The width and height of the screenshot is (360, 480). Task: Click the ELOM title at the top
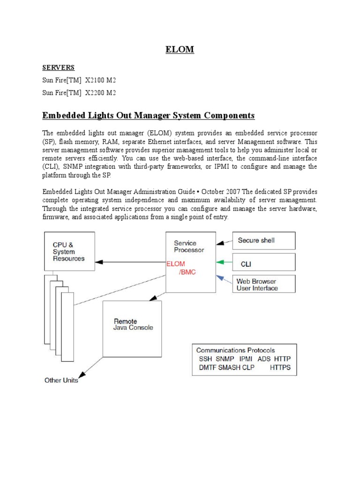click(x=180, y=49)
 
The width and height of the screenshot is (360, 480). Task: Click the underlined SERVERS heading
click(x=58, y=67)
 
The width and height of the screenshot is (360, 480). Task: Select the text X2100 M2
click(x=100, y=80)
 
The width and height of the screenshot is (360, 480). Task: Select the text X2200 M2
click(x=100, y=93)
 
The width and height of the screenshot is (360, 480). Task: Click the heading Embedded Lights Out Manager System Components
click(x=148, y=115)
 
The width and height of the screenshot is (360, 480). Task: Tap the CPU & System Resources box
click(x=69, y=251)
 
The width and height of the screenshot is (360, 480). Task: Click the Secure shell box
click(x=264, y=240)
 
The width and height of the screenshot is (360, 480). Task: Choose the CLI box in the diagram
click(x=264, y=262)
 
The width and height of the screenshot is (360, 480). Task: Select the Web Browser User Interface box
click(x=264, y=284)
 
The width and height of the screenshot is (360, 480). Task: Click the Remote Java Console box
click(x=132, y=329)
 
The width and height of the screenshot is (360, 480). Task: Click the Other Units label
click(x=61, y=380)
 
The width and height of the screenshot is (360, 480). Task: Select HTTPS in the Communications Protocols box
click(x=280, y=367)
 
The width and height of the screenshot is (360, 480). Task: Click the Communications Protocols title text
click(x=235, y=350)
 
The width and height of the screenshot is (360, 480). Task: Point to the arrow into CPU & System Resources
click(x=101, y=262)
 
